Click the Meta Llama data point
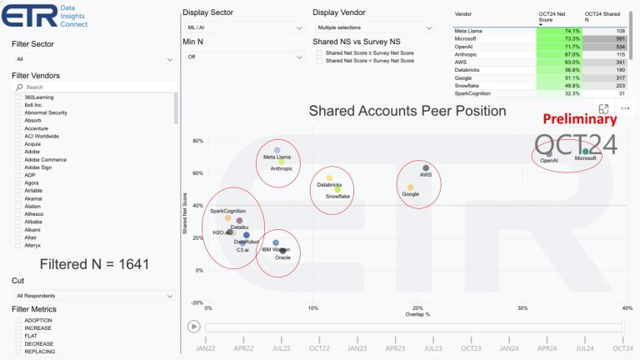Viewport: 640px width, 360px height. coord(277,151)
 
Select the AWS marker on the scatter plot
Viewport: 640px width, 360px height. coord(426,168)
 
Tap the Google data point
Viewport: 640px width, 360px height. coord(411,187)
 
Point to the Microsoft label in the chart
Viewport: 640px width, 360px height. coord(586,158)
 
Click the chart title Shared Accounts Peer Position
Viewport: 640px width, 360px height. coord(407,111)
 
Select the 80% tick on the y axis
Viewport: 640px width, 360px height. coord(197,141)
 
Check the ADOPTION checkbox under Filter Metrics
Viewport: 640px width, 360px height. coord(18,319)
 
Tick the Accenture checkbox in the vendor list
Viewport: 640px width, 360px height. coord(18,127)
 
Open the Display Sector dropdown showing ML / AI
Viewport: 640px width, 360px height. coord(242,27)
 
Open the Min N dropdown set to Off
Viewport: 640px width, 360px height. coord(242,57)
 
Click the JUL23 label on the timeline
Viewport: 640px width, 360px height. coord(432,347)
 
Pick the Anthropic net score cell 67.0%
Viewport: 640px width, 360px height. coord(558,54)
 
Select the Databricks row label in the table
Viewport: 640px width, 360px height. coord(470,70)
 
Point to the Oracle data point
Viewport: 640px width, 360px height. coord(282,250)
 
